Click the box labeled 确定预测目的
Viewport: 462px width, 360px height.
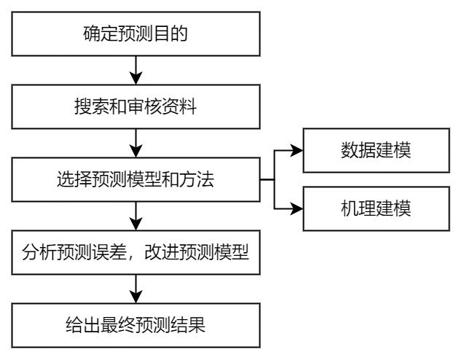(x=136, y=34)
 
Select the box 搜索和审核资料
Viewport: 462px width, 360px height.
(x=136, y=106)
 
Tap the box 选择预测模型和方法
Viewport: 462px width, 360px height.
(x=136, y=179)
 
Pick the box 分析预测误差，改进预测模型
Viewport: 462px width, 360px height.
(x=136, y=252)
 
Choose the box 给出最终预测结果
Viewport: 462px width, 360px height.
(x=136, y=324)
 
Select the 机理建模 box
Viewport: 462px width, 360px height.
(x=376, y=208)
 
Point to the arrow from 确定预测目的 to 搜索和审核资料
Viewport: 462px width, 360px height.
(x=136, y=70)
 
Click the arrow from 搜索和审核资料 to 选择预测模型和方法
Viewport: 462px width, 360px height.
(x=136, y=143)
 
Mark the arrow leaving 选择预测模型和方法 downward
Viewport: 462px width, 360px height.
(x=136, y=216)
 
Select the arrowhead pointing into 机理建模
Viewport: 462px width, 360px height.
(x=296, y=208)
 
